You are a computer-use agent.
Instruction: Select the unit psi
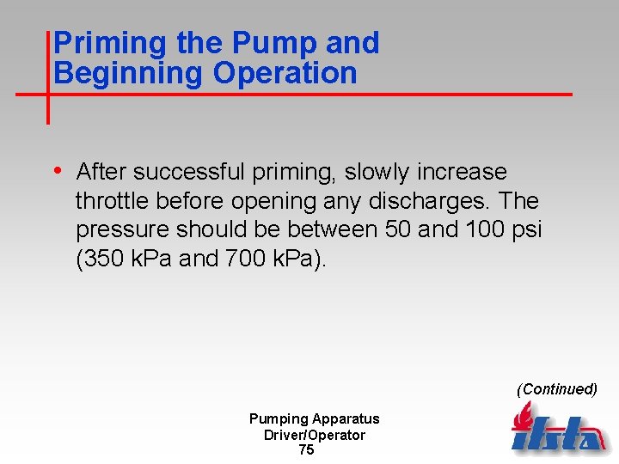[x=524, y=229]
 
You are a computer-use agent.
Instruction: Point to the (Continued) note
[x=556, y=388]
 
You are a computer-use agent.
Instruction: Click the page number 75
[x=306, y=450]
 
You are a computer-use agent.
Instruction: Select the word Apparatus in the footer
[x=346, y=419]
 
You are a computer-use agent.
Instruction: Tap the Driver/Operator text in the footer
[x=314, y=435]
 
